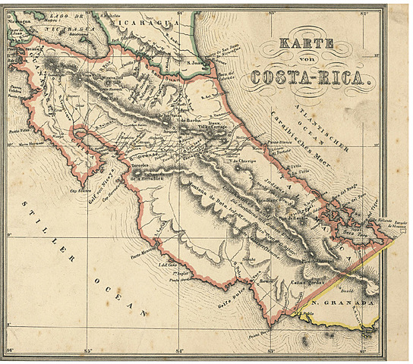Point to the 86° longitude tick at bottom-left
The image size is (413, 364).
(x=10, y=350)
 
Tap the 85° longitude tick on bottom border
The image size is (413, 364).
(x=90, y=350)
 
